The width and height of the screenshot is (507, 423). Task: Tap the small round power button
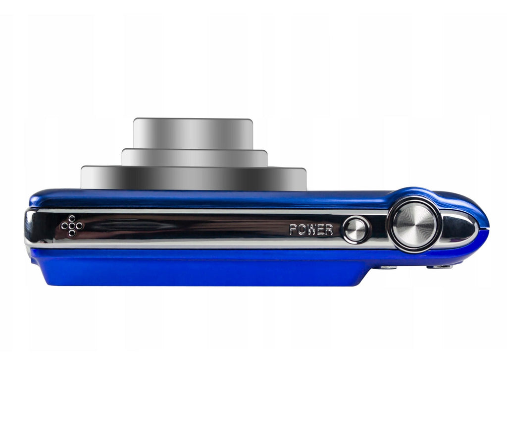click(355, 229)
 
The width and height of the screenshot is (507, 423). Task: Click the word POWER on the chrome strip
click(311, 230)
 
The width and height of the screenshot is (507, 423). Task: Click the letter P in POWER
click(293, 230)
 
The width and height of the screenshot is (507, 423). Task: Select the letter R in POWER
click(329, 230)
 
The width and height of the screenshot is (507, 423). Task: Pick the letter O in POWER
click(302, 230)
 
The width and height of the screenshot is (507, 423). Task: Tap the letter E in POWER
click(321, 230)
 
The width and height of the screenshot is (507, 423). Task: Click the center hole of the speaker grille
click(72, 226)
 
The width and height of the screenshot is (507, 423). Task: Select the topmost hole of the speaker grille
click(72, 219)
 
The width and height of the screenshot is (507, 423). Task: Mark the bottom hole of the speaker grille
click(72, 233)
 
